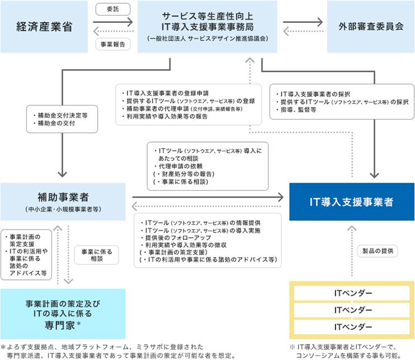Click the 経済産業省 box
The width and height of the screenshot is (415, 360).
pos(44,26)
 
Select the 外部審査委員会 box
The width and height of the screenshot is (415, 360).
pos(371,26)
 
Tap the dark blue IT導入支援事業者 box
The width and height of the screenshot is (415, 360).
pos(352,202)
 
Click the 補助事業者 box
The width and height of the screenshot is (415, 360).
pos(63,202)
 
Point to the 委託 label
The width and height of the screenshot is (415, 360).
pos(113,10)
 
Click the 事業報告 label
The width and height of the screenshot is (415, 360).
pos(113,44)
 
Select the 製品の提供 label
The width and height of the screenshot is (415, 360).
pos(378,251)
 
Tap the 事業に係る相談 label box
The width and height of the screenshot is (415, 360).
pos(97,255)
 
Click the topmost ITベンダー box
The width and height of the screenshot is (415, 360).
pos(352,293)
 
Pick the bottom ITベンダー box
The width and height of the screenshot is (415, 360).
pos(352,327)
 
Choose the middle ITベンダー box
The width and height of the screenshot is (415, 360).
pos(352,310)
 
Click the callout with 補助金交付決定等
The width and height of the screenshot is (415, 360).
pos(62,119)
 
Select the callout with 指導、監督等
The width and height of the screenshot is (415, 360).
pos(342,102)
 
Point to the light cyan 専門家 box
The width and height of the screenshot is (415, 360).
pos(63,314)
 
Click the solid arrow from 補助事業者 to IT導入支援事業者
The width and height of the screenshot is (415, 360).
pos(207,197)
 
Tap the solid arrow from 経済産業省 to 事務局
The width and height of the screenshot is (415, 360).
pos(113,22)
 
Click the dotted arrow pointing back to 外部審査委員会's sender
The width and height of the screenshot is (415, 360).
pos(303,31)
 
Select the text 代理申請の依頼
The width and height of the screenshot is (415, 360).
pos(181,166)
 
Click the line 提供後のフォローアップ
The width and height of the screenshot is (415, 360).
pos(178,238)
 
